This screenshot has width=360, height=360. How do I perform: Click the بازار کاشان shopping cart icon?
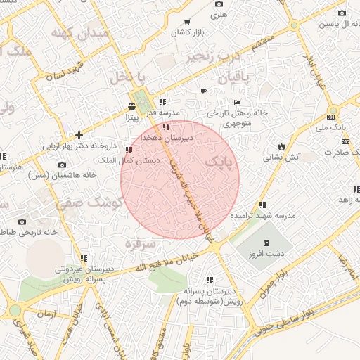(x=186, y=22)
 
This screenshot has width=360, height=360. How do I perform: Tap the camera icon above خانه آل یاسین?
(x=342, y=13)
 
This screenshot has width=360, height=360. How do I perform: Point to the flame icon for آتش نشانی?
(x=281, y=146)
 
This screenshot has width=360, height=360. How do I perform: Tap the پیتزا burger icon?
(x=131, y=106)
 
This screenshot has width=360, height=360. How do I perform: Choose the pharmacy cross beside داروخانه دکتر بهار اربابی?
(x=79, y=135)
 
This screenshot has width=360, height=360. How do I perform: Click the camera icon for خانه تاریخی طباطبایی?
(x=22, y=221)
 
